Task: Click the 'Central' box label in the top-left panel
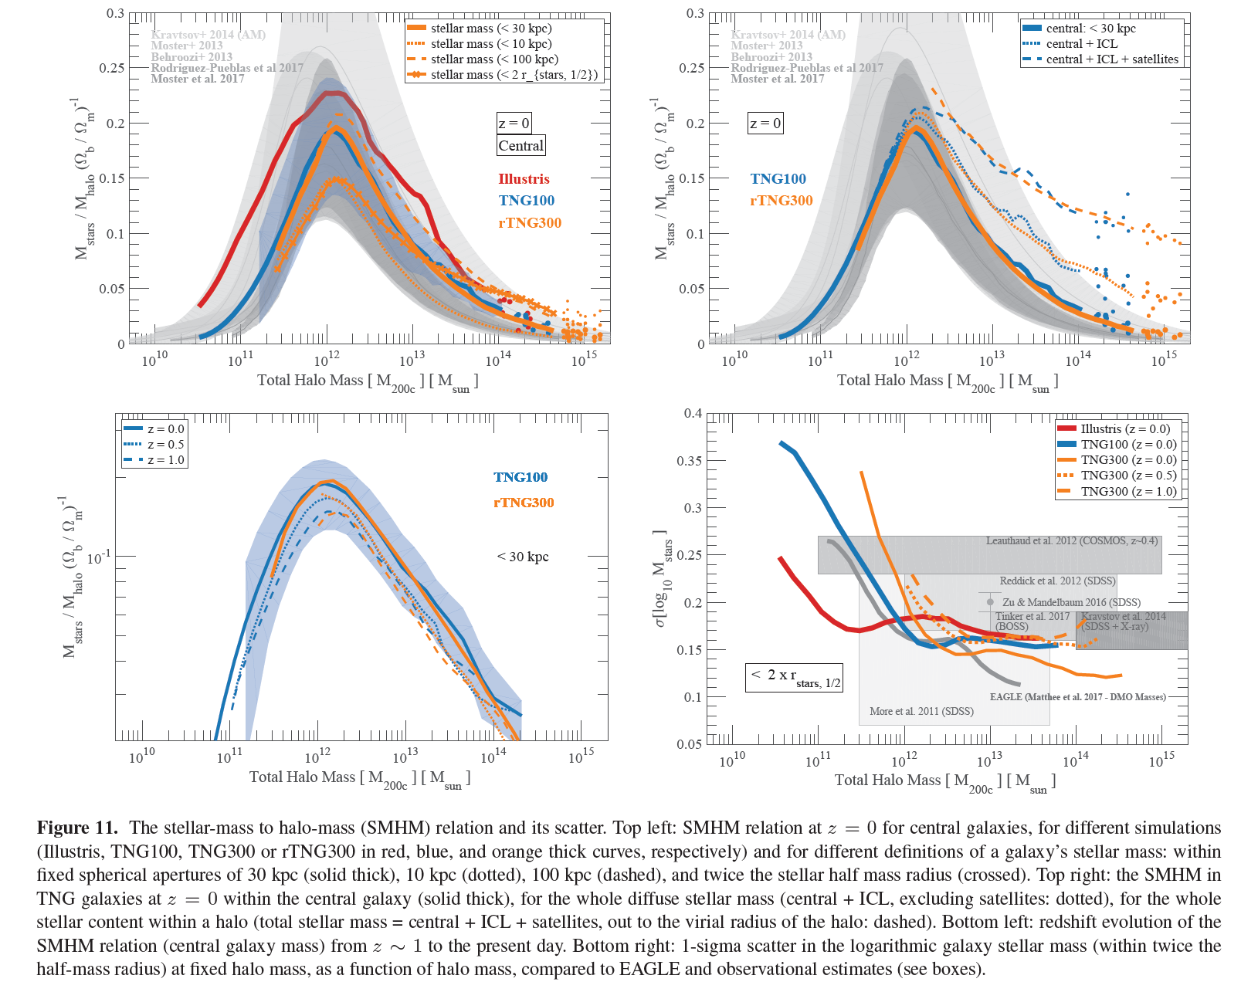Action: pyautogui.click(x=520, y=146)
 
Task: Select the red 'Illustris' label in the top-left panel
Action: pyautogui.click(x=524, y=179)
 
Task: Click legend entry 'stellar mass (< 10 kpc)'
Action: pyautogui.click(x=490, y=44)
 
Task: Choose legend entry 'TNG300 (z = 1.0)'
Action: pyautogui.click(x=1128, y=492)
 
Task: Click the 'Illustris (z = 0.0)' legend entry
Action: pyautogui.click(x=1125, y=429)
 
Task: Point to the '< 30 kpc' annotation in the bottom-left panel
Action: pyautogui.click(x=523, y=557)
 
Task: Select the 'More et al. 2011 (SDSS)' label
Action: pyautogui.click(x=921, y=711)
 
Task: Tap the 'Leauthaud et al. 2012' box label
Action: pyautogui.click(x=1072, y=541)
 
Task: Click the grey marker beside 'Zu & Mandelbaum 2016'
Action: pyautogui.click(x=990, y=602)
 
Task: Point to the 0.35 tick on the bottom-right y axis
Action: pyautogui.click(x=690, y=461)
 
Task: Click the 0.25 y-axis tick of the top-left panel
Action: pyautogui.click(x=111, y=68)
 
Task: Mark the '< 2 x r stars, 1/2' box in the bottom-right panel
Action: pyautogui.click(x=794, y=677)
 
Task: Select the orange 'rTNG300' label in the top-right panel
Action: pyautogui.click(x=781, y=201)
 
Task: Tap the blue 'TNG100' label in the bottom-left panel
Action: pyautogui.click(x=520, y=478)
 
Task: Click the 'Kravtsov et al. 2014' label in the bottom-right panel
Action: pyautogui.click(x=1124, y=617)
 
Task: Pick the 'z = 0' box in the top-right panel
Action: pyautogui.click(x=765, y=124)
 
